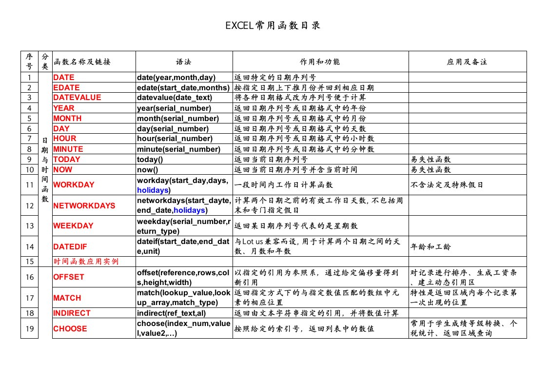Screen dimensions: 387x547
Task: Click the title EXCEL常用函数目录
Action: tap(273, 26)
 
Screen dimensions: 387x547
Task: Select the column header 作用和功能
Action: tap(320, 62)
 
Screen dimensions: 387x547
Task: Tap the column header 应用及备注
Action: tap(467, 62)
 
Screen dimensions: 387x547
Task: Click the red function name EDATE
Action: tap(66, 87)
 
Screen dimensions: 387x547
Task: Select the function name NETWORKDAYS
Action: tap(84, 205)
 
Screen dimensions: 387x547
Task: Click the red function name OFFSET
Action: tap(69, 277)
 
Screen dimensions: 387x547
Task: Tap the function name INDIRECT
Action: tap(72, 313)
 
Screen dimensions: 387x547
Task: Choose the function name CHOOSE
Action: tap(70, 328)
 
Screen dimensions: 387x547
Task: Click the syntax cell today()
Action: tap(148, 159)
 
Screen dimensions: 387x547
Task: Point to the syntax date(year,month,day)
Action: tap(176, 77)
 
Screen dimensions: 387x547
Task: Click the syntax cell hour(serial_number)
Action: tap(172, 139)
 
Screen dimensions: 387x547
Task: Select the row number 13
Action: tap(30, 225)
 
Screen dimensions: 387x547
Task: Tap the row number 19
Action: tap(30, 328)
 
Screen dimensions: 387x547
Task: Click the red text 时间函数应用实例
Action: tap(86, 262)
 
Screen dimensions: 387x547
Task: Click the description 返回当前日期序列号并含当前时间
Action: tap(296, 169)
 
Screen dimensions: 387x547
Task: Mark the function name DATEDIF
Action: tap(70, 246)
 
